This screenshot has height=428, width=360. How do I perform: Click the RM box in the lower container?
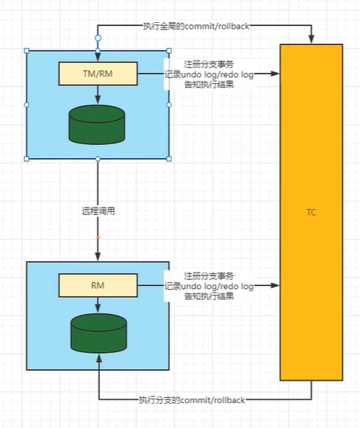coord(97,284)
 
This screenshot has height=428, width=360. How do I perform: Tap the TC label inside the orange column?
coord(311,212)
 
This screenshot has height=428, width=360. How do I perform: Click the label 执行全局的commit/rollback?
coord(195,26)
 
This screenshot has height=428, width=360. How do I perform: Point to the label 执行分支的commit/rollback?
coord(192,400)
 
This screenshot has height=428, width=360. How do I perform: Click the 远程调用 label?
coord(98,210)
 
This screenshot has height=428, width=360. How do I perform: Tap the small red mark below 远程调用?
coord(98,238)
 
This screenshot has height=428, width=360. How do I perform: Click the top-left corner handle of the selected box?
coord(27,51)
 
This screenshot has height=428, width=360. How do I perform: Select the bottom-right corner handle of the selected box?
coord(169,158)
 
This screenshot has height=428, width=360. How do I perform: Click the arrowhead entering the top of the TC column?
coord(312,40)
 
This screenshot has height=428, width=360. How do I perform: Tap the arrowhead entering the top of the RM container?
coord(98,255)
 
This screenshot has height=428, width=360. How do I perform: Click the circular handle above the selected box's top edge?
coord(98,36)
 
